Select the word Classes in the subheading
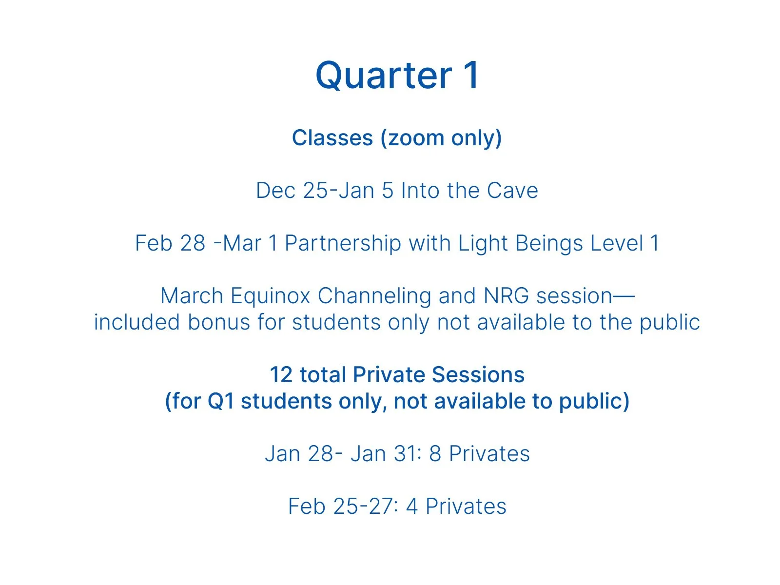[332, 138]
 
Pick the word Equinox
[270, 296]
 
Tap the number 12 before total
[281, 375]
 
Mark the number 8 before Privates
[435, 454]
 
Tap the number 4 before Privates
[412, 507]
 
